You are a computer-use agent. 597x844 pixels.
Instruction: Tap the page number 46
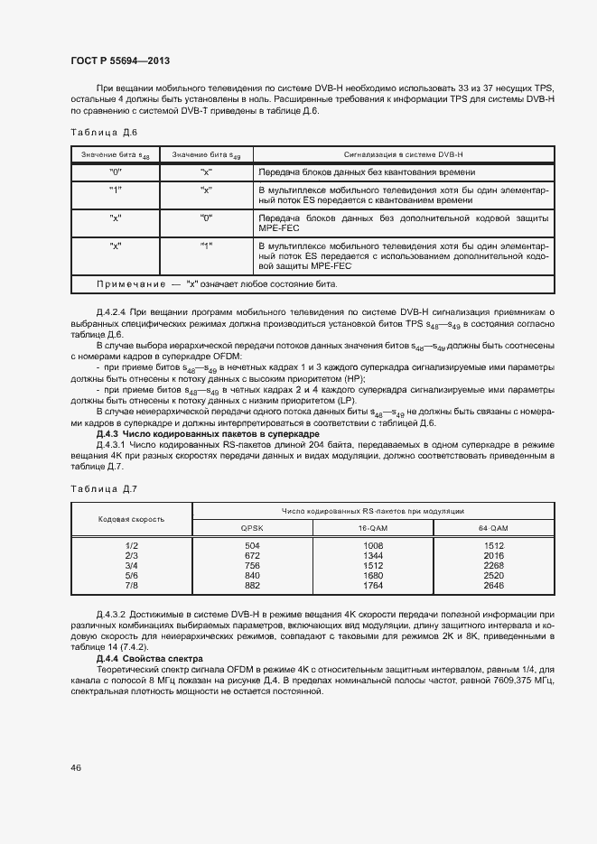click(76, 767)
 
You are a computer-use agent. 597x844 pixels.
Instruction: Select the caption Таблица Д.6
click(104, 134)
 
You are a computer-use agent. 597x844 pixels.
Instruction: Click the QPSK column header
click(252, 528)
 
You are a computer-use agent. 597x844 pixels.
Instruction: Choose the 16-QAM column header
click(373, 528)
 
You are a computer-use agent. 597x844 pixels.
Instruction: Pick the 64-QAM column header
click(494, 528)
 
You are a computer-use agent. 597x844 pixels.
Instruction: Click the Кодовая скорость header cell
click(131, 520)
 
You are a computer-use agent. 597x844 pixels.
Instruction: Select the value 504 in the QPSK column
click(252, 546)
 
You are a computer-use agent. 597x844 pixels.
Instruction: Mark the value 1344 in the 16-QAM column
click(373, 556)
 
